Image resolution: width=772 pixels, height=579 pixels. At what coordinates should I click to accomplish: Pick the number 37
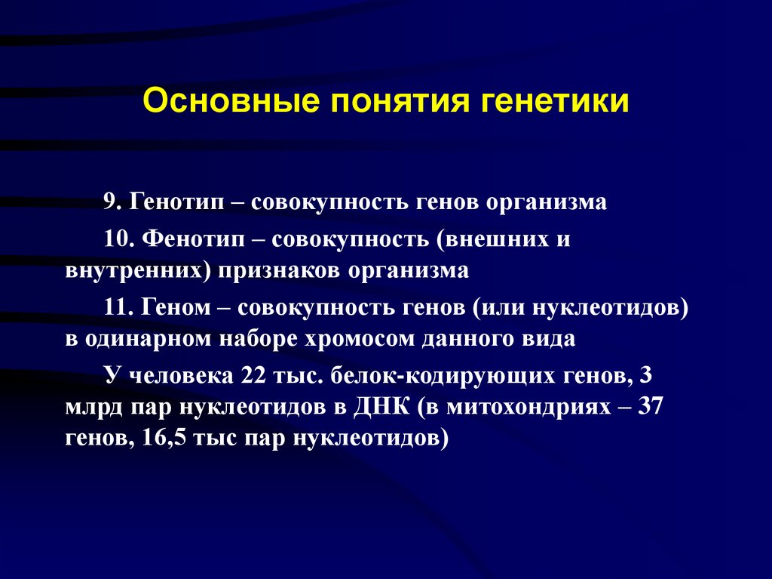[649, 407]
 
